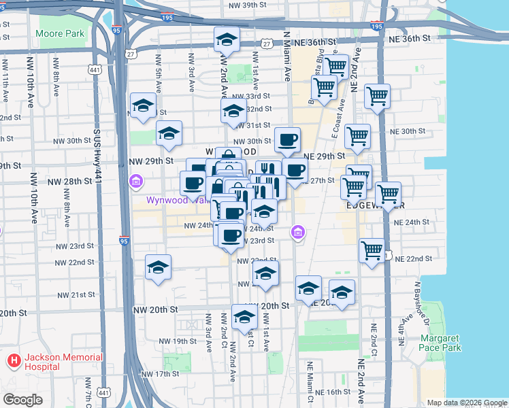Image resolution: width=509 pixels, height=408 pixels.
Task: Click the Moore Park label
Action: (x=61, y=33)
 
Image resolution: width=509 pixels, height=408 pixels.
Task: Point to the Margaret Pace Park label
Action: (x=440, y=343)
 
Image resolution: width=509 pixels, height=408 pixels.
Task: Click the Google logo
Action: (x=22, y=400)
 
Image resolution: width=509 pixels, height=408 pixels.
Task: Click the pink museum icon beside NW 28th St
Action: (x=135, y=182)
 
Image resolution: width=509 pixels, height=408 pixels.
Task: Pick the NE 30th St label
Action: (x=404, y=131)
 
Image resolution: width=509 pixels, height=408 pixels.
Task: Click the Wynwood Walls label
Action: (x=167, y=201)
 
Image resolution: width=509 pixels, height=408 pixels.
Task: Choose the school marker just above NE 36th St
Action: (x=227, y=40)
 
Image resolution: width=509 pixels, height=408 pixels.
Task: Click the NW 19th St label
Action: (x=177, y=341)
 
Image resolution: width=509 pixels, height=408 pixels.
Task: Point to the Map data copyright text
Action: (x=467, y=403)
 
